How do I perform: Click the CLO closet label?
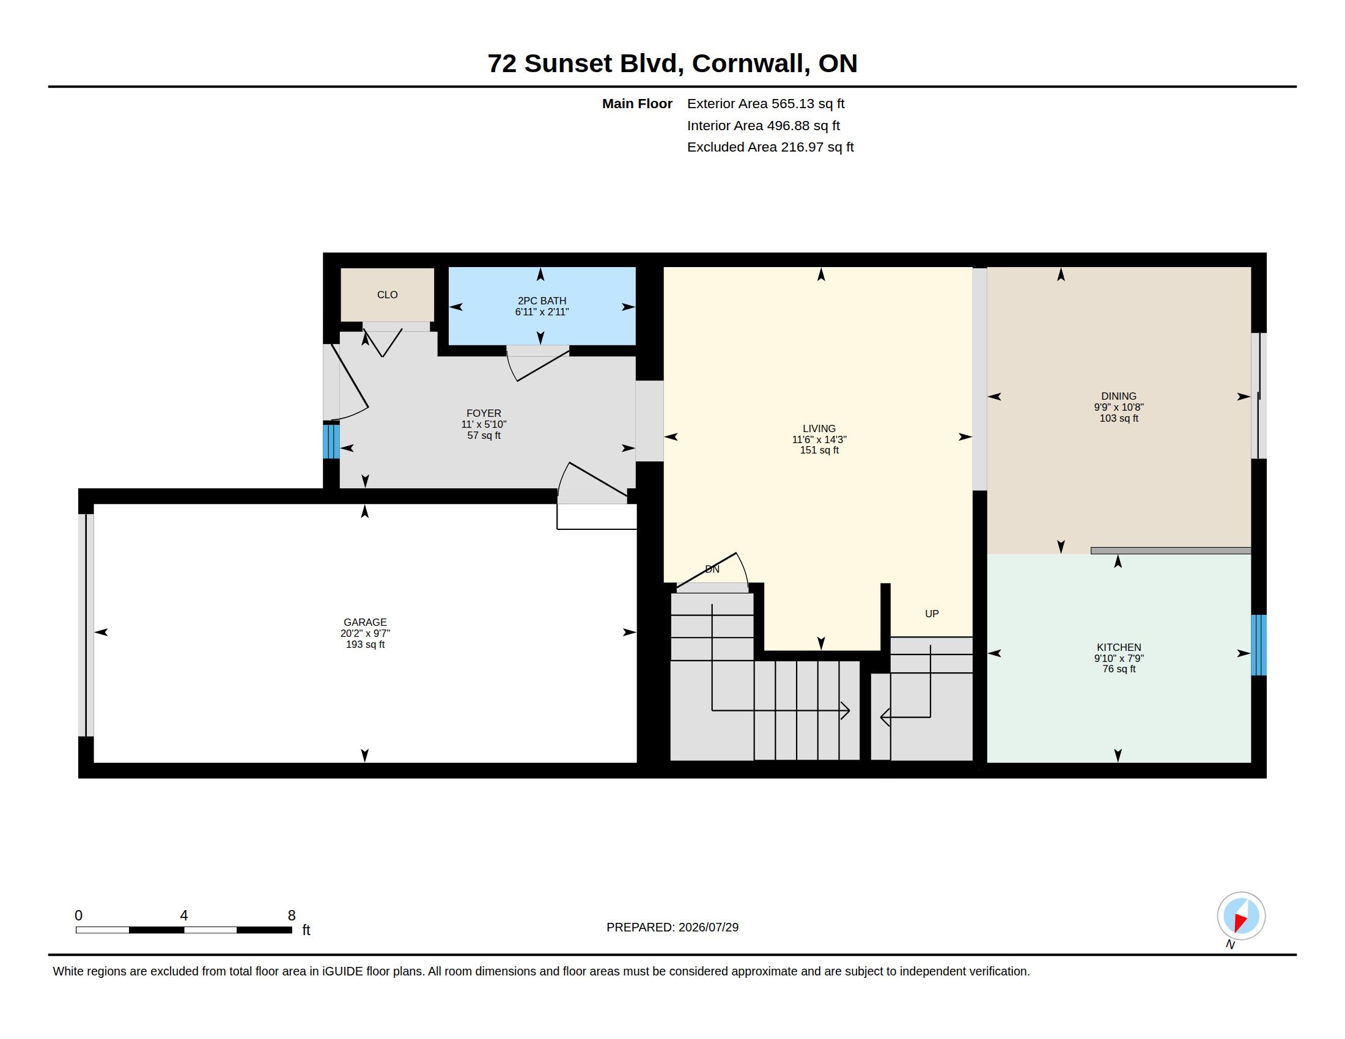(388, 295)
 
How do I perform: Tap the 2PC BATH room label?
(542, 301)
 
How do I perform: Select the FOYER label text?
(484, 414)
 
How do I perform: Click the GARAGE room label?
(365, 622)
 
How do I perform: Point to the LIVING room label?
(819, 428)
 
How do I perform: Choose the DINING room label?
(1119, 397)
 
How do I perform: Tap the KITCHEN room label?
(1119, 647)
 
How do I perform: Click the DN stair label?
(712, 570)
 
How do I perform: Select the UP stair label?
(932, 614)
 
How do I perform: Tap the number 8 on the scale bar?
(292, 916)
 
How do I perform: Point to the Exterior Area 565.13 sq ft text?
(765, 104)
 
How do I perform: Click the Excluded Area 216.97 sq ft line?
(770, 147)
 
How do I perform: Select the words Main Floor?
(638, 104)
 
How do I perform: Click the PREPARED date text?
(672, 927)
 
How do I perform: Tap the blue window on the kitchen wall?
(1259, 645)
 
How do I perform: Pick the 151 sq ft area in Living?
(819, 450)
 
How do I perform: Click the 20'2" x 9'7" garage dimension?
(365, 633)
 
